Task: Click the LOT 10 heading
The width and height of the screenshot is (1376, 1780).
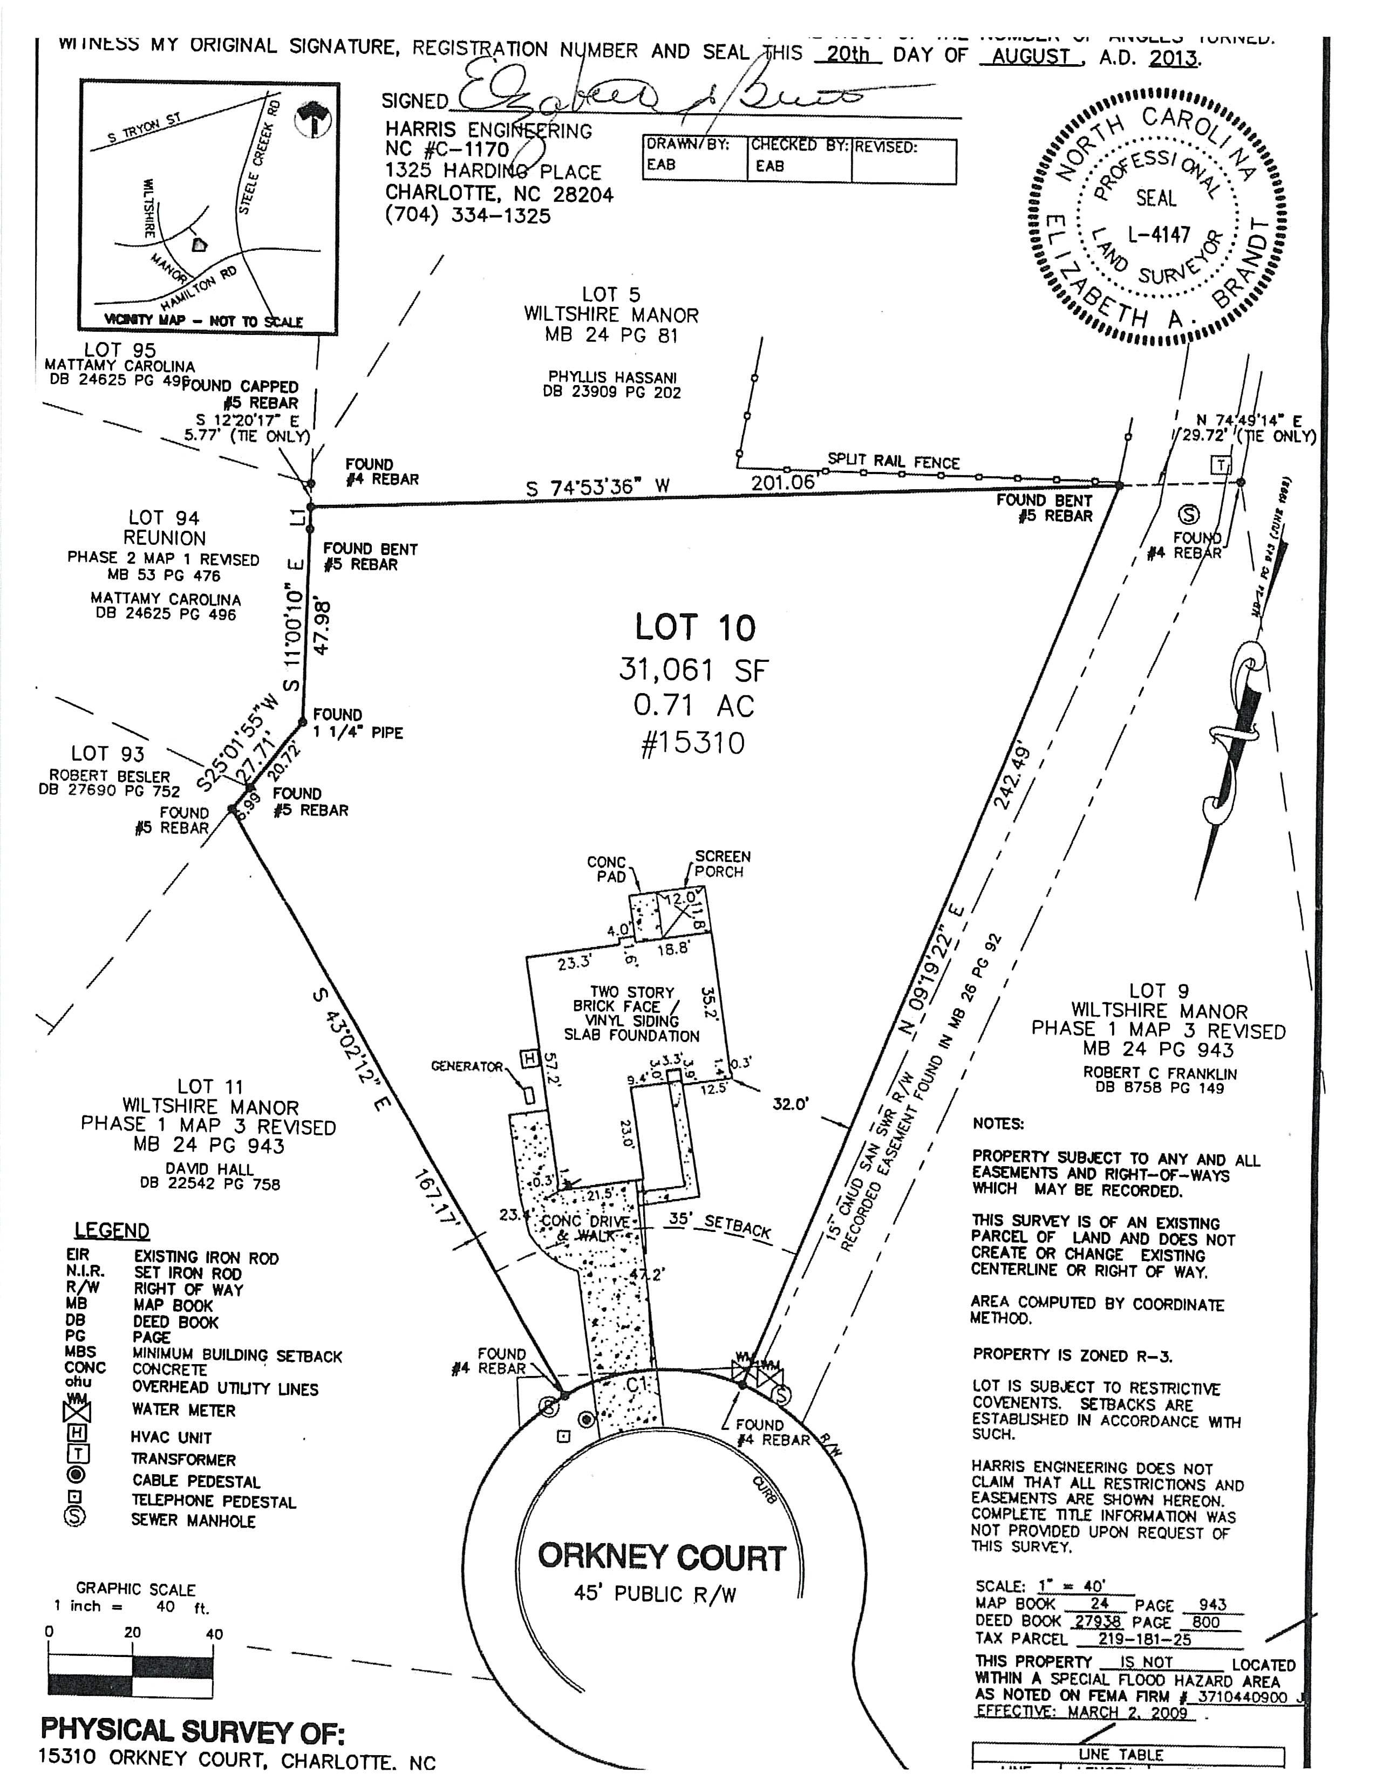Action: pos(696,627)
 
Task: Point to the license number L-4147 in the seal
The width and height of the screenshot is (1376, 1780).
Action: pos(1159,236)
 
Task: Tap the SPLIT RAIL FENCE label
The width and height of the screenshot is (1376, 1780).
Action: pos(894,461)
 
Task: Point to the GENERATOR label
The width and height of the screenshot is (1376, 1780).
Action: pos(467,1066)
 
